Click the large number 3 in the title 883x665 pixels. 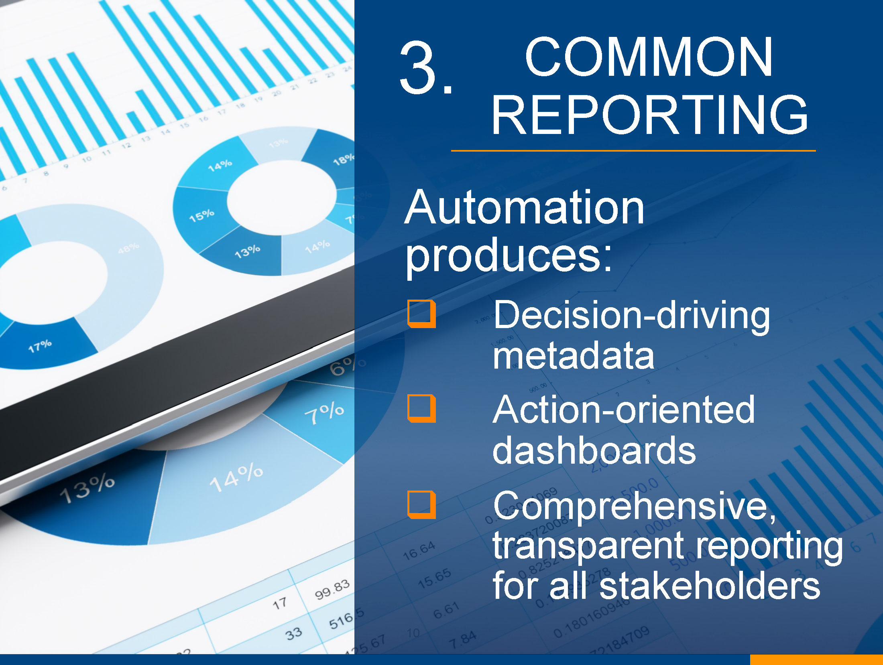point(419,67)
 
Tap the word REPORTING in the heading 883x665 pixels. point(649,115)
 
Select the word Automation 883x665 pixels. point(524,207)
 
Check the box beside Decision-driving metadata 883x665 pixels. point(421,314)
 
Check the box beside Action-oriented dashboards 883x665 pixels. point(421,408)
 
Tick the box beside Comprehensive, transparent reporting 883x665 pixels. point(421,505)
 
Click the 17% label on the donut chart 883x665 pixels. point(40,346)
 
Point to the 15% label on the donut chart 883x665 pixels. point(201,216)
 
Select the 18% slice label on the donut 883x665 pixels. point(343,159)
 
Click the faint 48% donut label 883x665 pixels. point(128,248)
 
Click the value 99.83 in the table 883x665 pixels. point(332,590)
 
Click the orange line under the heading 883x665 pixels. point(633,151)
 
